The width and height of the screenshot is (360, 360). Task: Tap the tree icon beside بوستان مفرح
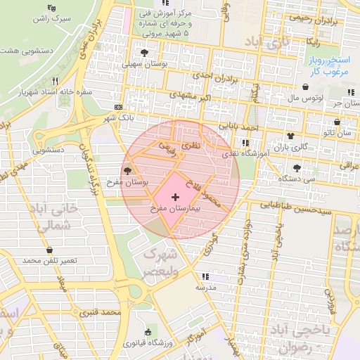point(127,171)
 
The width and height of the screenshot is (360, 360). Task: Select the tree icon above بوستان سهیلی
point(145,53)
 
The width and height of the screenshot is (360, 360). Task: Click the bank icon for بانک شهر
point(117,106)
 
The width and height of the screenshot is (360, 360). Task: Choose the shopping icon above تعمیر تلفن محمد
point(49,250)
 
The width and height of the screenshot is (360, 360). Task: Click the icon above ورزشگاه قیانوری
point(147,333)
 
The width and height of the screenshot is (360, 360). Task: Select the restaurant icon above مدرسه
point(205,276)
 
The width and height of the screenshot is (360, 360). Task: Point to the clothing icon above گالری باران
point(290,135)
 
